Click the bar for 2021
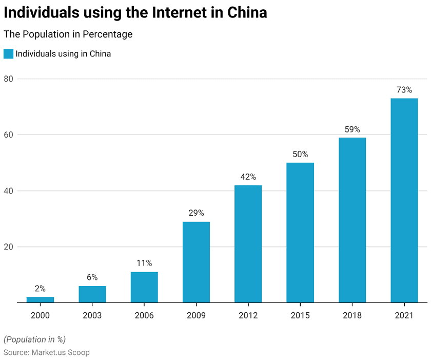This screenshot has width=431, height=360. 404,200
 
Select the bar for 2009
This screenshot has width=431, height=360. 196,262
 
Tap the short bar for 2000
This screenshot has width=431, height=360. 40,299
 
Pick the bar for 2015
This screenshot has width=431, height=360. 300,232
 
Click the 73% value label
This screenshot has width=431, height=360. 404,90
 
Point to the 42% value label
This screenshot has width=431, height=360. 248,177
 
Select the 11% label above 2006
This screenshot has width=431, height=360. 144,263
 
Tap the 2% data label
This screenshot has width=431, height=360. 40,289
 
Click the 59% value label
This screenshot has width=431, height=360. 352,129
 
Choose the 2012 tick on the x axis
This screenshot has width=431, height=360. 248,315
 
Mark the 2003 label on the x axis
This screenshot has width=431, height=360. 92,315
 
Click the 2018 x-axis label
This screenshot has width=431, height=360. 352,315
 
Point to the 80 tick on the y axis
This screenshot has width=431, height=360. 9,79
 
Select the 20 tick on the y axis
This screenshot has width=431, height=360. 9,247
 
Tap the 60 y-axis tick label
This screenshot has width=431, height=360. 9,135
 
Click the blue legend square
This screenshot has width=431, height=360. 8,53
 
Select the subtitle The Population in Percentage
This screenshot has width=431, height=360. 68,34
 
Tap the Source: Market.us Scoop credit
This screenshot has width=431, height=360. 46,352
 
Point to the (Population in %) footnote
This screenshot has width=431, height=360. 34,339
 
